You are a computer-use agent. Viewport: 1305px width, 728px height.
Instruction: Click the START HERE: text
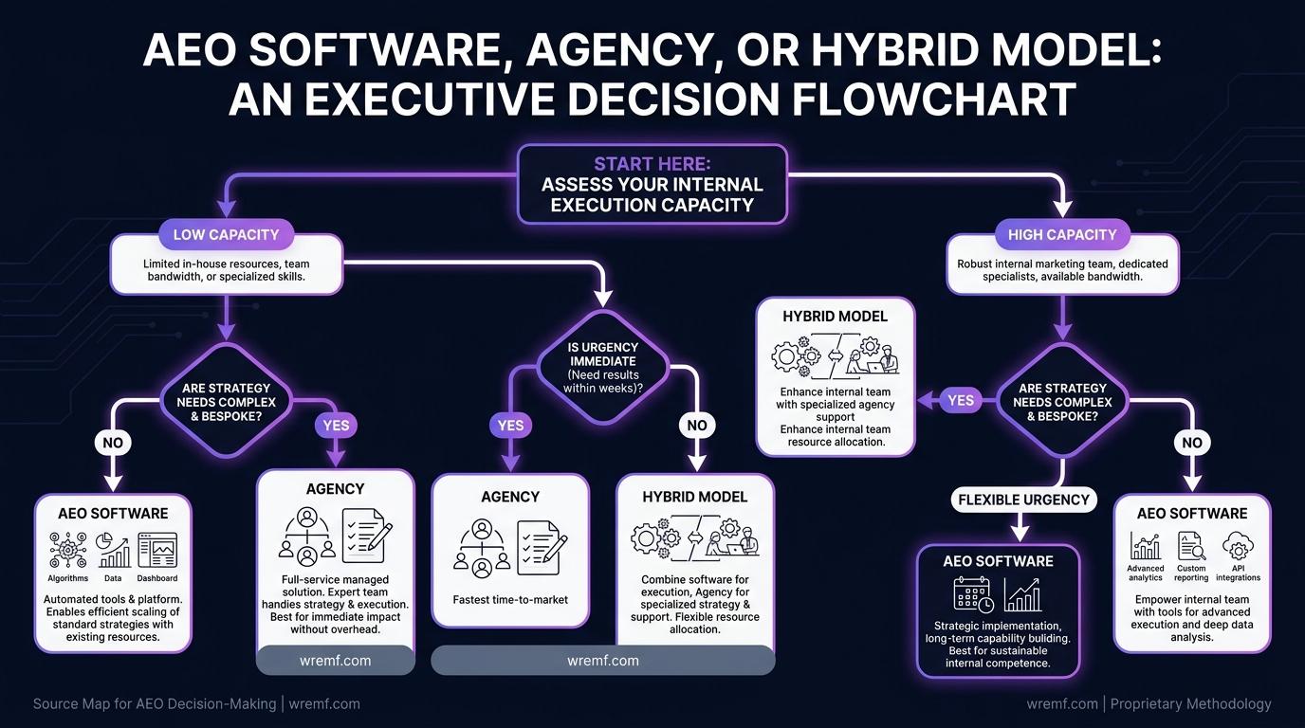pos(652,164)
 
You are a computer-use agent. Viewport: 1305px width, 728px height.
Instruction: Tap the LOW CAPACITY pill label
pos(226,235)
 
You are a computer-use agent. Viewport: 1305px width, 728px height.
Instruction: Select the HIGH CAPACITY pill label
pos(1062,235)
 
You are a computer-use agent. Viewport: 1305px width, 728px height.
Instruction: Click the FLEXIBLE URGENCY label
pos(1023,500)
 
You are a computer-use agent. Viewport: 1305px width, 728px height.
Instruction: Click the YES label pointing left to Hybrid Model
pos(961,401)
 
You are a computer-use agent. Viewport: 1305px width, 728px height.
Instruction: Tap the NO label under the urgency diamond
pos(697,426)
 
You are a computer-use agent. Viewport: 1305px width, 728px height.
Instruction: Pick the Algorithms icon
pos(68,550)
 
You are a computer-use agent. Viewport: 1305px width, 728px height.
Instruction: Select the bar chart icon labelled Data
pos(113,551)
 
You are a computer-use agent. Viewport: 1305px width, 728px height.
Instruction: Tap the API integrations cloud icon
pos(1238,546)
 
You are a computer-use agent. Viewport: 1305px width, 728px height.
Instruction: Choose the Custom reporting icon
pos(1191,546)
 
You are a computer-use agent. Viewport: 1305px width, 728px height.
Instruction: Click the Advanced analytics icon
pos(1146,546)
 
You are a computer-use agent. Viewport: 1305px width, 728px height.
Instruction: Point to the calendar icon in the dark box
pos(973,594)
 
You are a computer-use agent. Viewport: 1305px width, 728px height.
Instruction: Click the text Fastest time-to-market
pos(510,600)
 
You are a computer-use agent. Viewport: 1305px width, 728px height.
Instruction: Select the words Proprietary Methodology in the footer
pos(1191,703)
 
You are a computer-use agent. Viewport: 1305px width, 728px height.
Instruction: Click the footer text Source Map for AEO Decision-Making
pos(155,703)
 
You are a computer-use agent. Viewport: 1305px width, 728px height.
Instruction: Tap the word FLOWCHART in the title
pos(932,99)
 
